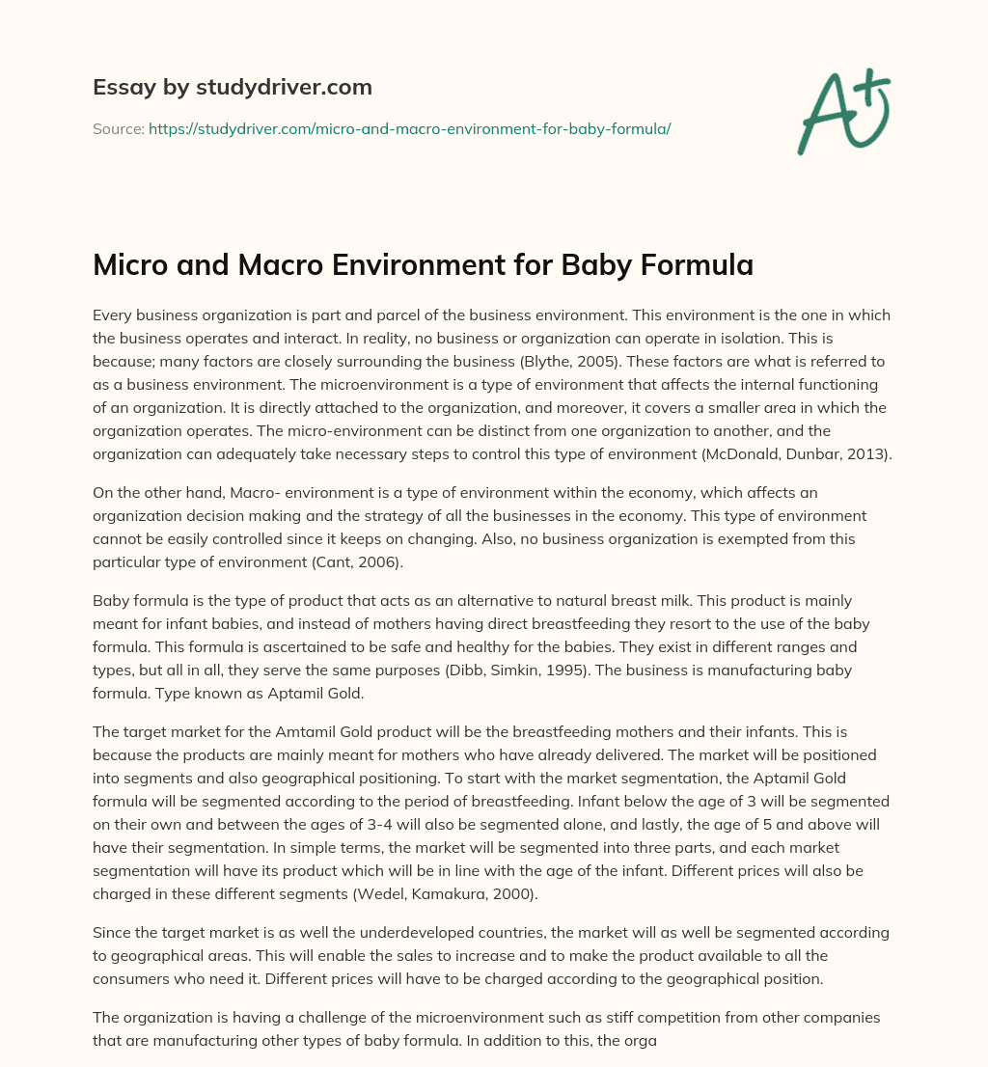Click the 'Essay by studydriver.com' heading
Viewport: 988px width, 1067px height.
pyautogui.click(x=232, y=87)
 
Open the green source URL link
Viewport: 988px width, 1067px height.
pyautogui.click(x=409, y=128)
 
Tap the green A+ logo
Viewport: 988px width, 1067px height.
pyautogui.click(x=843, y=111)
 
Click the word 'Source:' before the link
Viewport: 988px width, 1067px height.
pyautogui.click(x=118, y=128)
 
